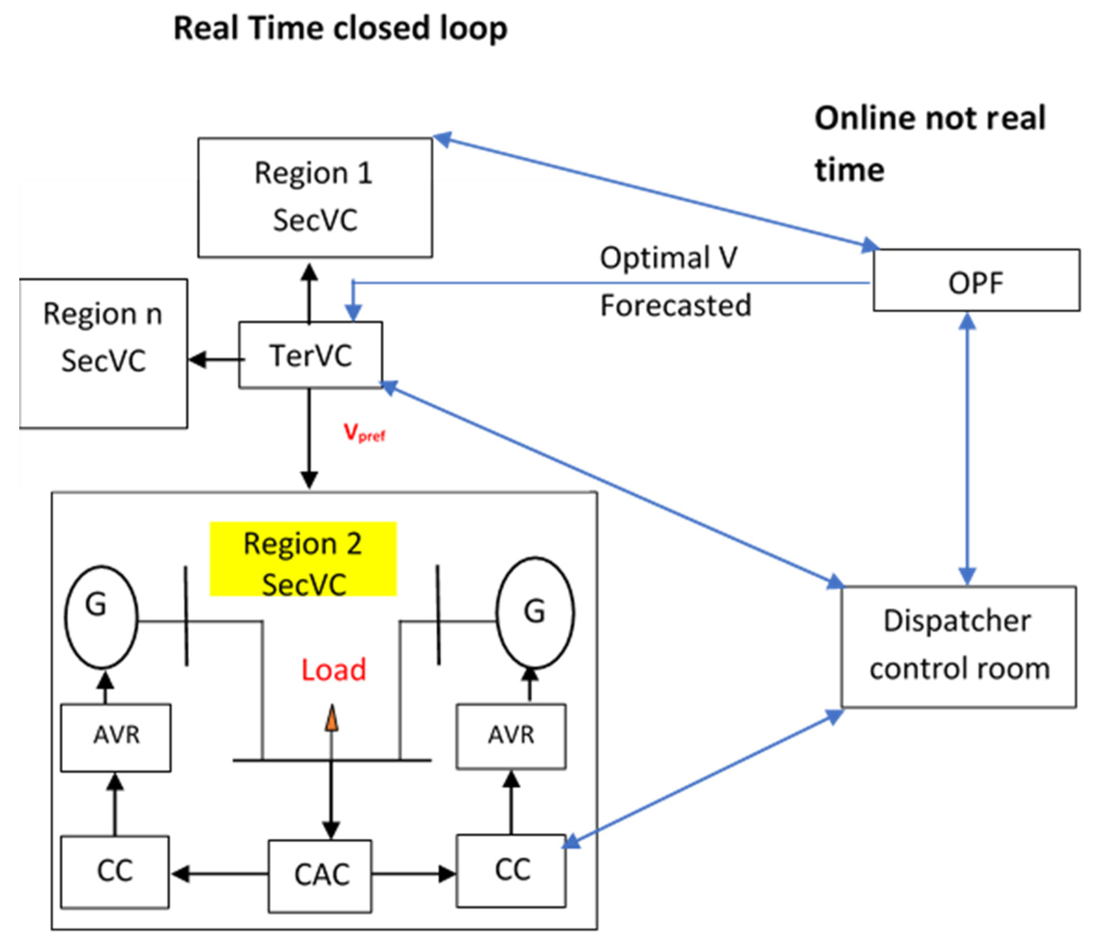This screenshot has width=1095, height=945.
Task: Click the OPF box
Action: [x=976, y=280]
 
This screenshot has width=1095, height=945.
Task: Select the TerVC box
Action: [x=311, y=355]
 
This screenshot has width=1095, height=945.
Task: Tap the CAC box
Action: [x=320, y=875]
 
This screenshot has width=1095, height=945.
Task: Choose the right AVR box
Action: [x=511, y=736]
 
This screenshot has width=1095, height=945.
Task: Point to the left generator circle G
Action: [x=101, y=617]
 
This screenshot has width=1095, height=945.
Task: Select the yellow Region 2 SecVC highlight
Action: [x=303, y=559]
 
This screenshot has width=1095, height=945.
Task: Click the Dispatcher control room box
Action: [x=959, y=646]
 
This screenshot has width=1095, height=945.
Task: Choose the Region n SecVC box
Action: [x=103, y=353]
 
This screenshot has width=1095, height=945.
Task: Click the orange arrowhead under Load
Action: [x=331, y=720]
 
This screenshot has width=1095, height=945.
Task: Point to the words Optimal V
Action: [x=668, y=258]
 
